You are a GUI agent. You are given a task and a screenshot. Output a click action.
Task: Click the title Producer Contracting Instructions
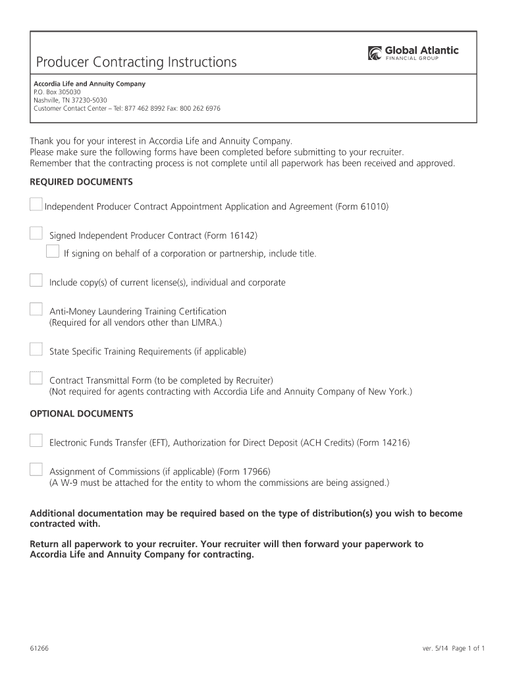point(136,63)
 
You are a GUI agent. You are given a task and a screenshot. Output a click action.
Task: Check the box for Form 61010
point(36,204)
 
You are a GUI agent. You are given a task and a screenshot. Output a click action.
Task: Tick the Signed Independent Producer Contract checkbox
point(36,233)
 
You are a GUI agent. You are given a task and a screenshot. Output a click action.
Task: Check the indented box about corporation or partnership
point(53,251)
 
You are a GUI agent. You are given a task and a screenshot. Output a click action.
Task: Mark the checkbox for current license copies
point(36,280)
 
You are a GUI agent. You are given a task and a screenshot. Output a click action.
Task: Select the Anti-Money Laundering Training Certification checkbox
point(36,309)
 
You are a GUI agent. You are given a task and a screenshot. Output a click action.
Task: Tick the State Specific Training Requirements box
point(36,349)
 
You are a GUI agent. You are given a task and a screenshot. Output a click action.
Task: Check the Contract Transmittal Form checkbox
point(36,378)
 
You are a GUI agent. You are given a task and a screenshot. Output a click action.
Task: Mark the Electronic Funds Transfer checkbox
point(36,440)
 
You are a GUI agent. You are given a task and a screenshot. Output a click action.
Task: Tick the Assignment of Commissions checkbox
point(36,469)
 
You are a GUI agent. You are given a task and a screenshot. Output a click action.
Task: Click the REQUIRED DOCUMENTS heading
point(82,181)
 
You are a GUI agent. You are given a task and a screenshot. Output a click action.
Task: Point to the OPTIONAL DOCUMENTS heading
point(82,413)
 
